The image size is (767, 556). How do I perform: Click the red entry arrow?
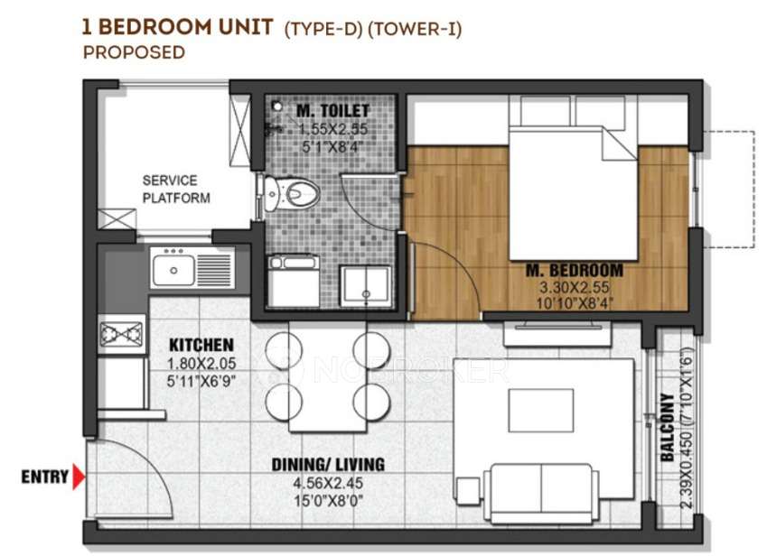[80, 476]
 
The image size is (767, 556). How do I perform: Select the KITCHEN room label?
[201, 345]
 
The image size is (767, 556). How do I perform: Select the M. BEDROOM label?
[575, 270]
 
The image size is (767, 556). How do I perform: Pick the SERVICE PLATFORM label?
[176, 190]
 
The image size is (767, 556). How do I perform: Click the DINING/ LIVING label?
[328, 465]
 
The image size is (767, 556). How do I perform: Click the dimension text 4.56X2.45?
[328, 483]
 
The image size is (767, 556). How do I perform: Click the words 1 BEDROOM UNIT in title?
[177, 26]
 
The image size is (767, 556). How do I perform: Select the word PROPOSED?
[134, 52]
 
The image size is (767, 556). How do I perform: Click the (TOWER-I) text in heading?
[419, 28]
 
